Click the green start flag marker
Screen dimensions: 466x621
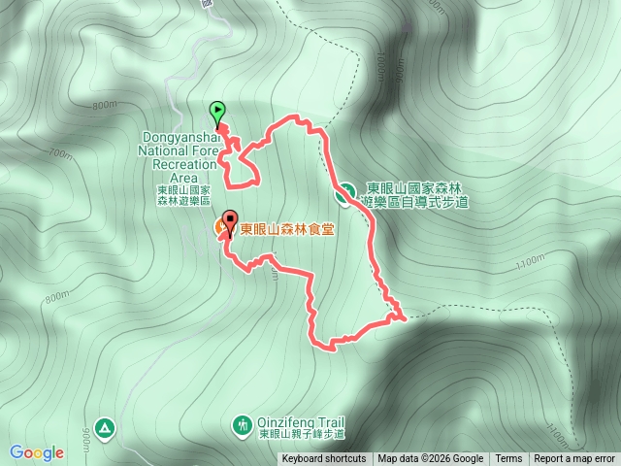[217, 111]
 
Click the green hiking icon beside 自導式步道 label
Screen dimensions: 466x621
[343, 195]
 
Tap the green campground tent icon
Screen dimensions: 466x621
[105, 426]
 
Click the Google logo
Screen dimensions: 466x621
[37, 452]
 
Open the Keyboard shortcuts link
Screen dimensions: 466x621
[324, 459]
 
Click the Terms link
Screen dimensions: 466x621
[508, 459]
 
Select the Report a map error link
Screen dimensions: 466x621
[574, 459]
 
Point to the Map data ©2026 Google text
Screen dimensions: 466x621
[430, 459]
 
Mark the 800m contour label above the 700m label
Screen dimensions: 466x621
[105, 106]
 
